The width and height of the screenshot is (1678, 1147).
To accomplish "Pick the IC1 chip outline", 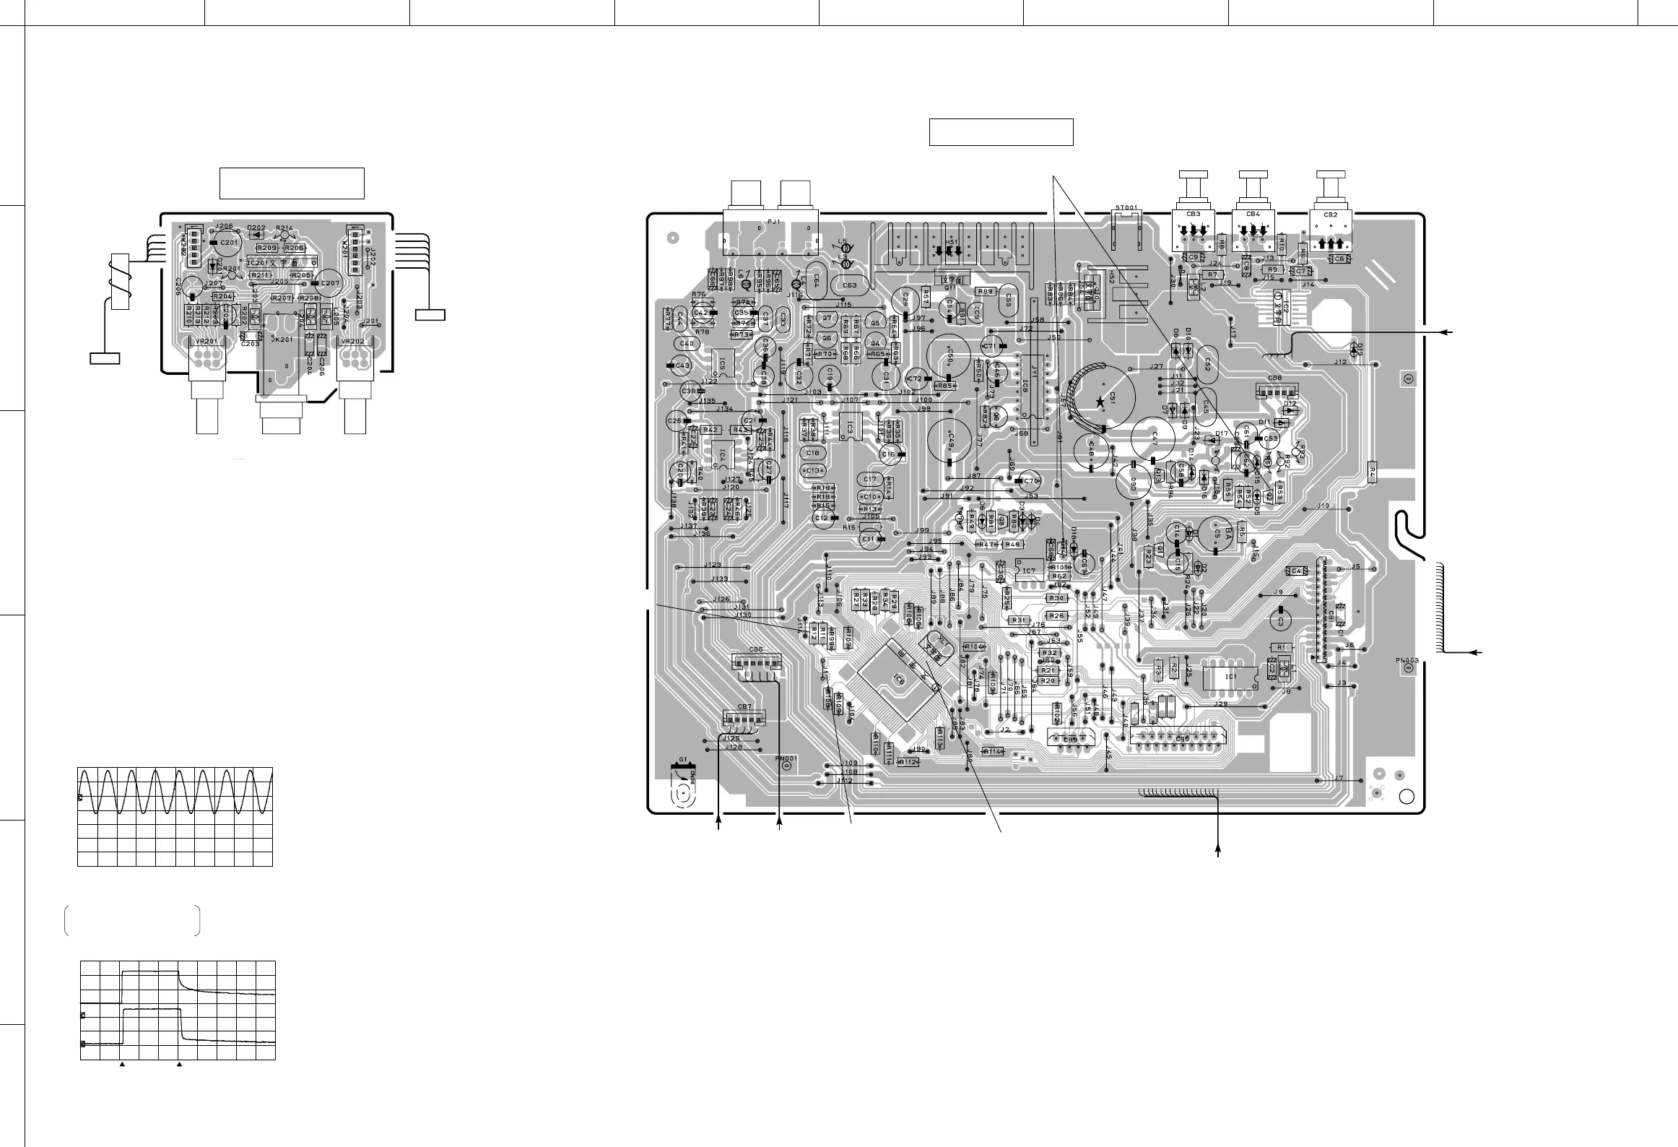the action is point(1231,677).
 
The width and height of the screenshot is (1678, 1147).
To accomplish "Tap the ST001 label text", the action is point(1127,208).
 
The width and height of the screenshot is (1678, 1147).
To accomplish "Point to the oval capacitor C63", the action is point(849,285).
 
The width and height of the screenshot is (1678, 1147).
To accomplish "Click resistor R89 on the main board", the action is point(985,292).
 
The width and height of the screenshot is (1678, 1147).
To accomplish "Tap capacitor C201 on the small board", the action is point(228,243).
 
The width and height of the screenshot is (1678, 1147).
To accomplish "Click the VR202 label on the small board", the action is point(353,342).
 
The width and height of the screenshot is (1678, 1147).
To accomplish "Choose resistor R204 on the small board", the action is point(223,297).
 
